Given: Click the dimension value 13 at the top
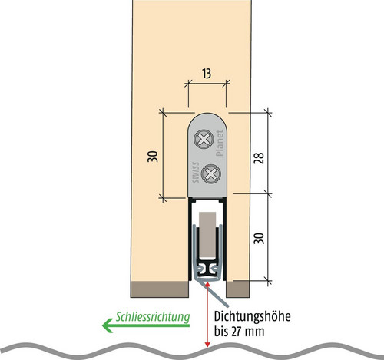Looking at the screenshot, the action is (x=207, y=74).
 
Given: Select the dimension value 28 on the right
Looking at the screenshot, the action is (x=259, y=158).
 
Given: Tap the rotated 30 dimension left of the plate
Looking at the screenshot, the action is (x=153, y=157).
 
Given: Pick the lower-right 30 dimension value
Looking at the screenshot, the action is (x=260, y=238).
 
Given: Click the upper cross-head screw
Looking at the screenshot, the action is (x=204, y=140).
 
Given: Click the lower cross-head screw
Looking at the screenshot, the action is (x=210, y=174).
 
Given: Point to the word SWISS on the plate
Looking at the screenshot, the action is (x=196, y=173).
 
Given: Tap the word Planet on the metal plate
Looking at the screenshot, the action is (x=220, y=143).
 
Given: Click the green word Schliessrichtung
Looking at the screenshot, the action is (x=153, y=317).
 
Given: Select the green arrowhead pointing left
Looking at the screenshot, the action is (x=108, y=325).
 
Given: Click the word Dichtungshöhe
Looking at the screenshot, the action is (x=252, y=316).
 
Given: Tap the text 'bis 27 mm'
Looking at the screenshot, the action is (x=239, y=332).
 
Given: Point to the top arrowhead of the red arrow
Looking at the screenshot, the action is (x=207, y=283).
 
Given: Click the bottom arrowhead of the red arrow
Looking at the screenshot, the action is (x=207, y=344).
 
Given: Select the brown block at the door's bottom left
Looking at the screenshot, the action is (x=160, y=289).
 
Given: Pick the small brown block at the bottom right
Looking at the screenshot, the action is (x=238, y=289).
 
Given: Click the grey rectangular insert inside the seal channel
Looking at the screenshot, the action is (x=207, y=234).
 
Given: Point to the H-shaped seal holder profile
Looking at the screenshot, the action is (x=207, y=269).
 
